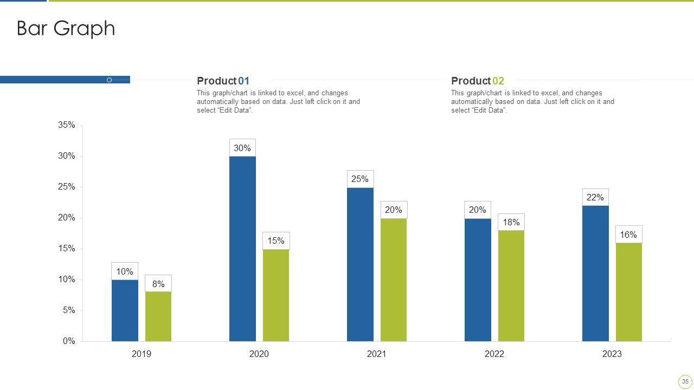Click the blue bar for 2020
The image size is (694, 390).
(x=242, y=249)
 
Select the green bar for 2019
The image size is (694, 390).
(x=158, y=316)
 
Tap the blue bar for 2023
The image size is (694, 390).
(x=595, y=273)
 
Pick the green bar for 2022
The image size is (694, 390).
(x=511, y=285)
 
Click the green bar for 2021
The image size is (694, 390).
(x=393, y=279)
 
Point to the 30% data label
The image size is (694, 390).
(x=242, y=148)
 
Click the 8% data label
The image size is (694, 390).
(x=158, y=284)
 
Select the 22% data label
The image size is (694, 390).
(x=595, y=197)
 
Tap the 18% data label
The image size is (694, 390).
(x=511, y=222)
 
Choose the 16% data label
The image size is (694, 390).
(x=628, y=235)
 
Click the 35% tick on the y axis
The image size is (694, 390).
(x=67, y=125)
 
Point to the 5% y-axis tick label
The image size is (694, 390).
(x=69, y=310)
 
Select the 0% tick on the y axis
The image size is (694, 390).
(x=69, y=341)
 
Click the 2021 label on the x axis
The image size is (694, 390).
(x=376, y=354)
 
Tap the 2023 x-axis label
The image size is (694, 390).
(x=612, y=354)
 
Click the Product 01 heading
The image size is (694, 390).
(x=223, y=81)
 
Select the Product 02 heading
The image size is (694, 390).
(x=477, y=81)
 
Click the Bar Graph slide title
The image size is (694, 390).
(x=66, y=28)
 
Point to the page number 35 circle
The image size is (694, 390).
(x=685, y=381)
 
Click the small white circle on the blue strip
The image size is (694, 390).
(x=109, y=80)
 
